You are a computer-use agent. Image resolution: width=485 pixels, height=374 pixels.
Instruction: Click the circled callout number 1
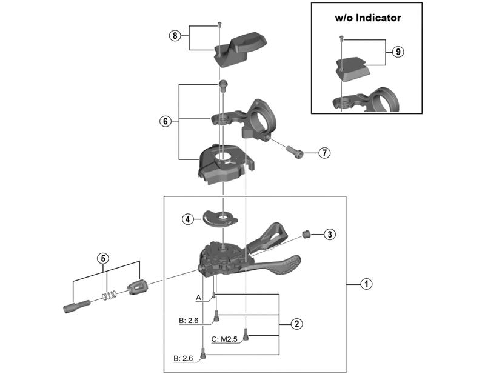(x=366, y=283)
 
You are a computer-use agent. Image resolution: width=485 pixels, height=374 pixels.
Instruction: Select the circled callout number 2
(x=296, y=324)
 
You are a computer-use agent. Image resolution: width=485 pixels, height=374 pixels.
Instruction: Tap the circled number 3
(x=329, y=235)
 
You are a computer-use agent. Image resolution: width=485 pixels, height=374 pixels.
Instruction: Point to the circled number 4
(x=189, y=219)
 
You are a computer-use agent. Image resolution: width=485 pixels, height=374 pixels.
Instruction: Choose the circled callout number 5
(x=104, y=258)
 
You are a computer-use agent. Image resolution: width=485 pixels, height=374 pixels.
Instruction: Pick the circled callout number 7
(x=324, y=153)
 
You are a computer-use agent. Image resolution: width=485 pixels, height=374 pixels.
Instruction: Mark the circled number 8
(x=175, y=36)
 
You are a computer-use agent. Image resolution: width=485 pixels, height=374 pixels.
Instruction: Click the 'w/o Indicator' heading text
(x=368, y=18)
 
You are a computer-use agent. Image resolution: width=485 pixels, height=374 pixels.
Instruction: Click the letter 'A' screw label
(x=198, y=298)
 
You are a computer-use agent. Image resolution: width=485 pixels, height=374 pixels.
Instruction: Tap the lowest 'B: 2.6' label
(x=184, y=359)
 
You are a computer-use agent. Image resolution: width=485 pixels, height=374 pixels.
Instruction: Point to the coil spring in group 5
(x=109, y=296)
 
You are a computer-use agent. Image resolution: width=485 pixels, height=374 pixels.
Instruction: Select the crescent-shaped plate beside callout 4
(x=219, y=216)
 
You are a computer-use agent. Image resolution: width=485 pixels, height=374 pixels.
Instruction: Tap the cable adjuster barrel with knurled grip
(x=138, y=285)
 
